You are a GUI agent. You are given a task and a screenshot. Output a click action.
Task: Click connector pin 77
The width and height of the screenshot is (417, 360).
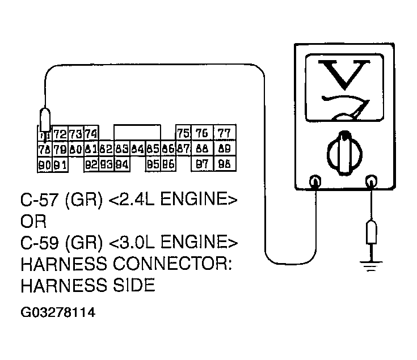(x=225, y=133)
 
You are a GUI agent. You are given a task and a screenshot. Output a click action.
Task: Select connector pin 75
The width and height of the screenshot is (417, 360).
(x=183, y=133)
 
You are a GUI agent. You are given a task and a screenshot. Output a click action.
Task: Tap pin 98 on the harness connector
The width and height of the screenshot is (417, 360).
(x=225, y=164)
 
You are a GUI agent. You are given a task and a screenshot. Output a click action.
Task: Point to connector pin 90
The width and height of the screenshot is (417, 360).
(x=44, y=165)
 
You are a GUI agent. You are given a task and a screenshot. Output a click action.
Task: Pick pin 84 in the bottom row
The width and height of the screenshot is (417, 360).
(x=121, y=165)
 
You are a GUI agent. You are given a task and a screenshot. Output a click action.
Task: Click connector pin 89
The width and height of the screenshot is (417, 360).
(x=225, y=149)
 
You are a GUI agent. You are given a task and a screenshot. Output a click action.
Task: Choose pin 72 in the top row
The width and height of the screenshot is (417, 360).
(x=60, y=134)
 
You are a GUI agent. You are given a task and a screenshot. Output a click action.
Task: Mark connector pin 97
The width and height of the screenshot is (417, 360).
(x=201, y=164)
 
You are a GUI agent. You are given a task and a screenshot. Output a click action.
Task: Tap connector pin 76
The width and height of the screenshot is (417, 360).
(x=201, y=133)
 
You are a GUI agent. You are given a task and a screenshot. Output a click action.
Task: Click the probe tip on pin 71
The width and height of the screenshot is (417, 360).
(x=44, y=120)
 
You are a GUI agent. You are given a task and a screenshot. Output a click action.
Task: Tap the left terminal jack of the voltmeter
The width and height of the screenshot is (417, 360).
(x=315, y=181)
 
